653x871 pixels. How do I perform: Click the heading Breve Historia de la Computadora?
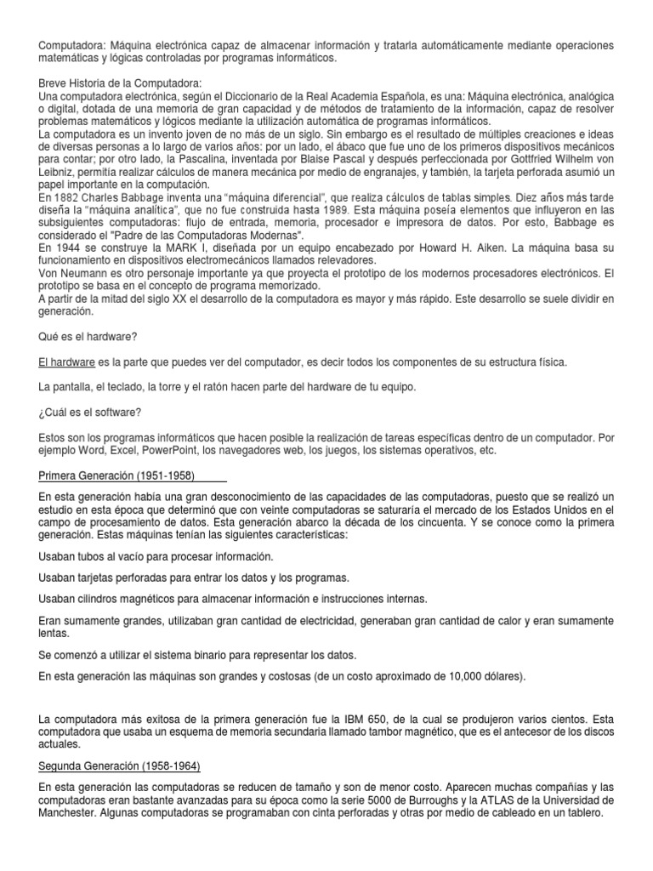point(120,83)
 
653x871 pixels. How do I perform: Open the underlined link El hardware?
point(67,362)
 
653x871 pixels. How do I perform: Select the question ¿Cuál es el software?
point(90,413)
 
